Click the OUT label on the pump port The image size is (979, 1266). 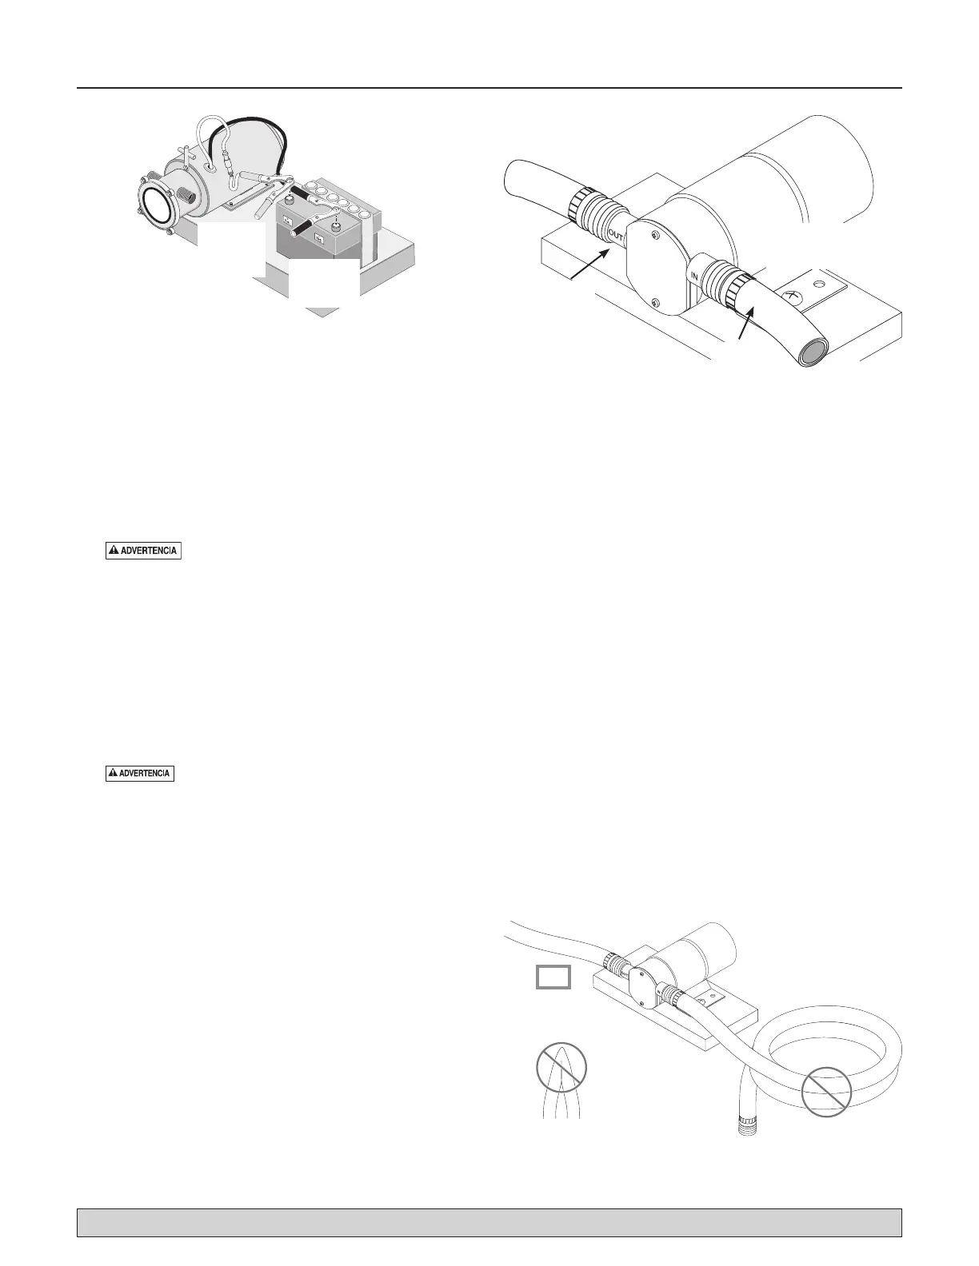point(616,236)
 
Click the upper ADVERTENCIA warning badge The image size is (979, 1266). point(144,551)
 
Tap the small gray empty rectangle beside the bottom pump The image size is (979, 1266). point(553,977)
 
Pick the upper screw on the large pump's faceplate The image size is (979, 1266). point(654,235)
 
